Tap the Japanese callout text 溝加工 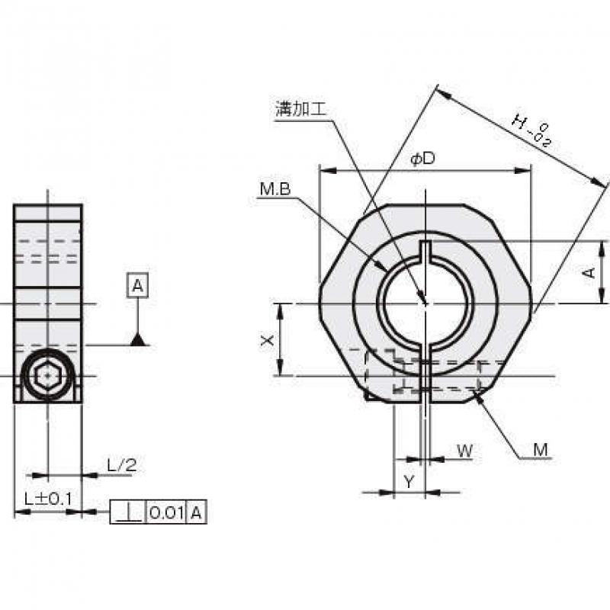(300, 109)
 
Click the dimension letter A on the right (589, 272)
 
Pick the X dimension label (266, 341)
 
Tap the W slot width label (464, 451)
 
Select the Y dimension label (409, 481)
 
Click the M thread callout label (540, 451)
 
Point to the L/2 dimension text (121, 464)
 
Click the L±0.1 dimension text (47, 499)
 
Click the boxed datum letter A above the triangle (137, 286)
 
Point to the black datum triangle (137, 339)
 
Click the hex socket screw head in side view (48, 376)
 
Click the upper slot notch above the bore (425, 250)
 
